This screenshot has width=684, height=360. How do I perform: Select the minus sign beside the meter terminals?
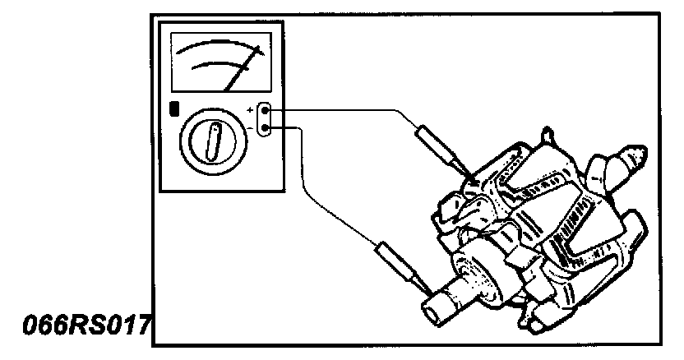[251, 128]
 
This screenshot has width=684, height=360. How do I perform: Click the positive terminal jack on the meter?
[266, 110]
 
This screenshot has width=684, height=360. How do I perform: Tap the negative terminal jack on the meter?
[266, 127]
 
